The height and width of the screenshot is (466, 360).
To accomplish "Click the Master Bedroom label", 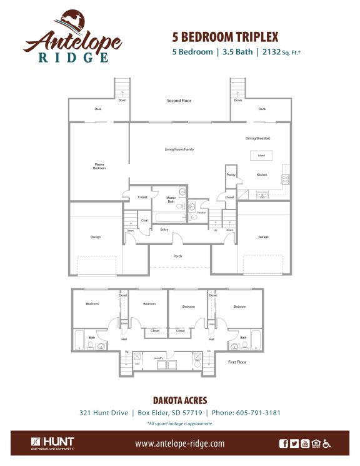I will tap(99, 166).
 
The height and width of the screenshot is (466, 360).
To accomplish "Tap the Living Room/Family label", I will tap(179, 149).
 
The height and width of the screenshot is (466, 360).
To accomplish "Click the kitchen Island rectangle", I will tap(261, 155).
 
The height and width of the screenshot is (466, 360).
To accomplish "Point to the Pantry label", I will tap(231, 175).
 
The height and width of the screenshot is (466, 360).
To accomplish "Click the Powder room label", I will tap(201, 213).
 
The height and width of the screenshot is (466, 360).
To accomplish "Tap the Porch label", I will tap(177, 256).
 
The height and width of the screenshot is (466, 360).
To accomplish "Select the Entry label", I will tap(164, 230).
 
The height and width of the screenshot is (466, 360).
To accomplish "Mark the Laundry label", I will tap(159, 358).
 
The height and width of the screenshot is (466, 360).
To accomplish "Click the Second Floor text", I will tap(179, 101).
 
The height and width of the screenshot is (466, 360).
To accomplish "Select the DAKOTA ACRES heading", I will tap(179, 400).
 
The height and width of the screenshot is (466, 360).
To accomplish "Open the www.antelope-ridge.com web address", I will tap(179, 443).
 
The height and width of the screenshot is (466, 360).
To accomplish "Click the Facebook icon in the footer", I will tap(284, 443).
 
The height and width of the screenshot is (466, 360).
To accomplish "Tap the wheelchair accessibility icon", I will tap(326, 443).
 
